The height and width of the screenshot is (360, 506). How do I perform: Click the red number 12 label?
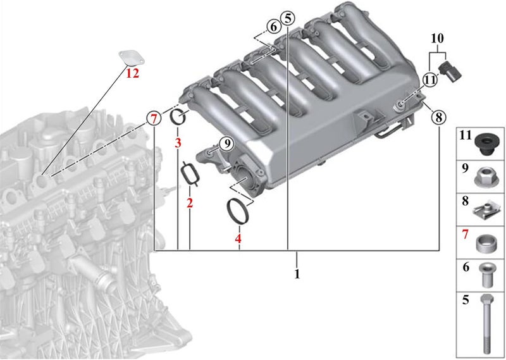pos(132,73)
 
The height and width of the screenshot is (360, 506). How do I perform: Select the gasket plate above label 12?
pos(132,58)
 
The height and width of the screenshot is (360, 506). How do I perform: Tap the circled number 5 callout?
pos(288,18)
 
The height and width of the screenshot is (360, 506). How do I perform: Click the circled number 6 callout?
pos(274,27)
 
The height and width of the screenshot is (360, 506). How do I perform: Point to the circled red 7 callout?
pos(154,119)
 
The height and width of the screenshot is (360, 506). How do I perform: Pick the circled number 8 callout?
pos(438,117)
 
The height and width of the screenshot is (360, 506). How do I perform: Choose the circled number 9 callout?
pos(227,144)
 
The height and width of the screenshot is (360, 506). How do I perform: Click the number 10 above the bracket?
pos(437,39)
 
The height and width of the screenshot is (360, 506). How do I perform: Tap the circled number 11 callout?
pos(430,80)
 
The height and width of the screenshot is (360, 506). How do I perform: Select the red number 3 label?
pos(178,143)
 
